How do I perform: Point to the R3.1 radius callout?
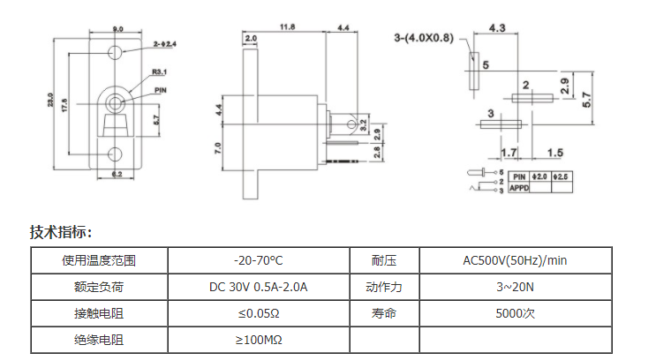point(160,71)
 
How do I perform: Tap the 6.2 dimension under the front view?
point(116,174)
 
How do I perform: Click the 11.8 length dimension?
point(287,28)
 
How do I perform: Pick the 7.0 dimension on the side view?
point(218,146)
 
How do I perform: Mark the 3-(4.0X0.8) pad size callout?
point(424,37)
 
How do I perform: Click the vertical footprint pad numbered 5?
point(474,69)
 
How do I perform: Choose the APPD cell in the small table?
point(519,188)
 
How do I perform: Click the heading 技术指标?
point(61,232)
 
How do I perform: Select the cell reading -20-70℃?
point(258,260)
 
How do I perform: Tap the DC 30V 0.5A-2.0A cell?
point(258,287)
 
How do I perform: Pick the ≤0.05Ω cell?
point(258,313)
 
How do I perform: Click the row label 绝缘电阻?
point(99,340)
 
